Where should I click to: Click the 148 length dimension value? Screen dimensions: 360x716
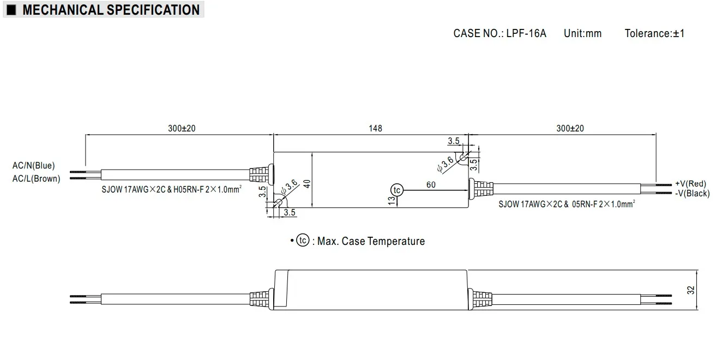tap(375, 129)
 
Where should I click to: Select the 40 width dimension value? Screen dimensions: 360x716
tap(308, 183)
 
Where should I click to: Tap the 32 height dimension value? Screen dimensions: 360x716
tap(691, 290)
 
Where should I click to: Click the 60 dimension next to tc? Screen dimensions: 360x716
tap(431, 185)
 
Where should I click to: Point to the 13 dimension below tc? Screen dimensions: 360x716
tap(392, 202)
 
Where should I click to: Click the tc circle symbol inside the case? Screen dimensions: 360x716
tap(396, 190)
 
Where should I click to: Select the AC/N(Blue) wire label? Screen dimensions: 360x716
tap(34, 166)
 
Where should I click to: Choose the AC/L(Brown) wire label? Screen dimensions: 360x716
tap(36, 178)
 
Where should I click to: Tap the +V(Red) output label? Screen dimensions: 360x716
tap(690, 183)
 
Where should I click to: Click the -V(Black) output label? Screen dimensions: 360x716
tap(692, 193)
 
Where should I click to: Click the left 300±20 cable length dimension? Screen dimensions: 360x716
tap(182, 129)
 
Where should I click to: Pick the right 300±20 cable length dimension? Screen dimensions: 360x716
tap(570, 129)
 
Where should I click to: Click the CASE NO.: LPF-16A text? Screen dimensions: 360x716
tap(499, 33)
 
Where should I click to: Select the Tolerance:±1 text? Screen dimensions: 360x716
tap(654, 33)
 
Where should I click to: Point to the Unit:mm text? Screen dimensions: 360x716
tap(582, 33)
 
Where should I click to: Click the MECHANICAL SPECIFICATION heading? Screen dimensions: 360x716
tap(111, 10)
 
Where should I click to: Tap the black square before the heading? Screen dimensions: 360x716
tap(11, 10)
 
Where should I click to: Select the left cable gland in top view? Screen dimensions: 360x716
tap(260, 174)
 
